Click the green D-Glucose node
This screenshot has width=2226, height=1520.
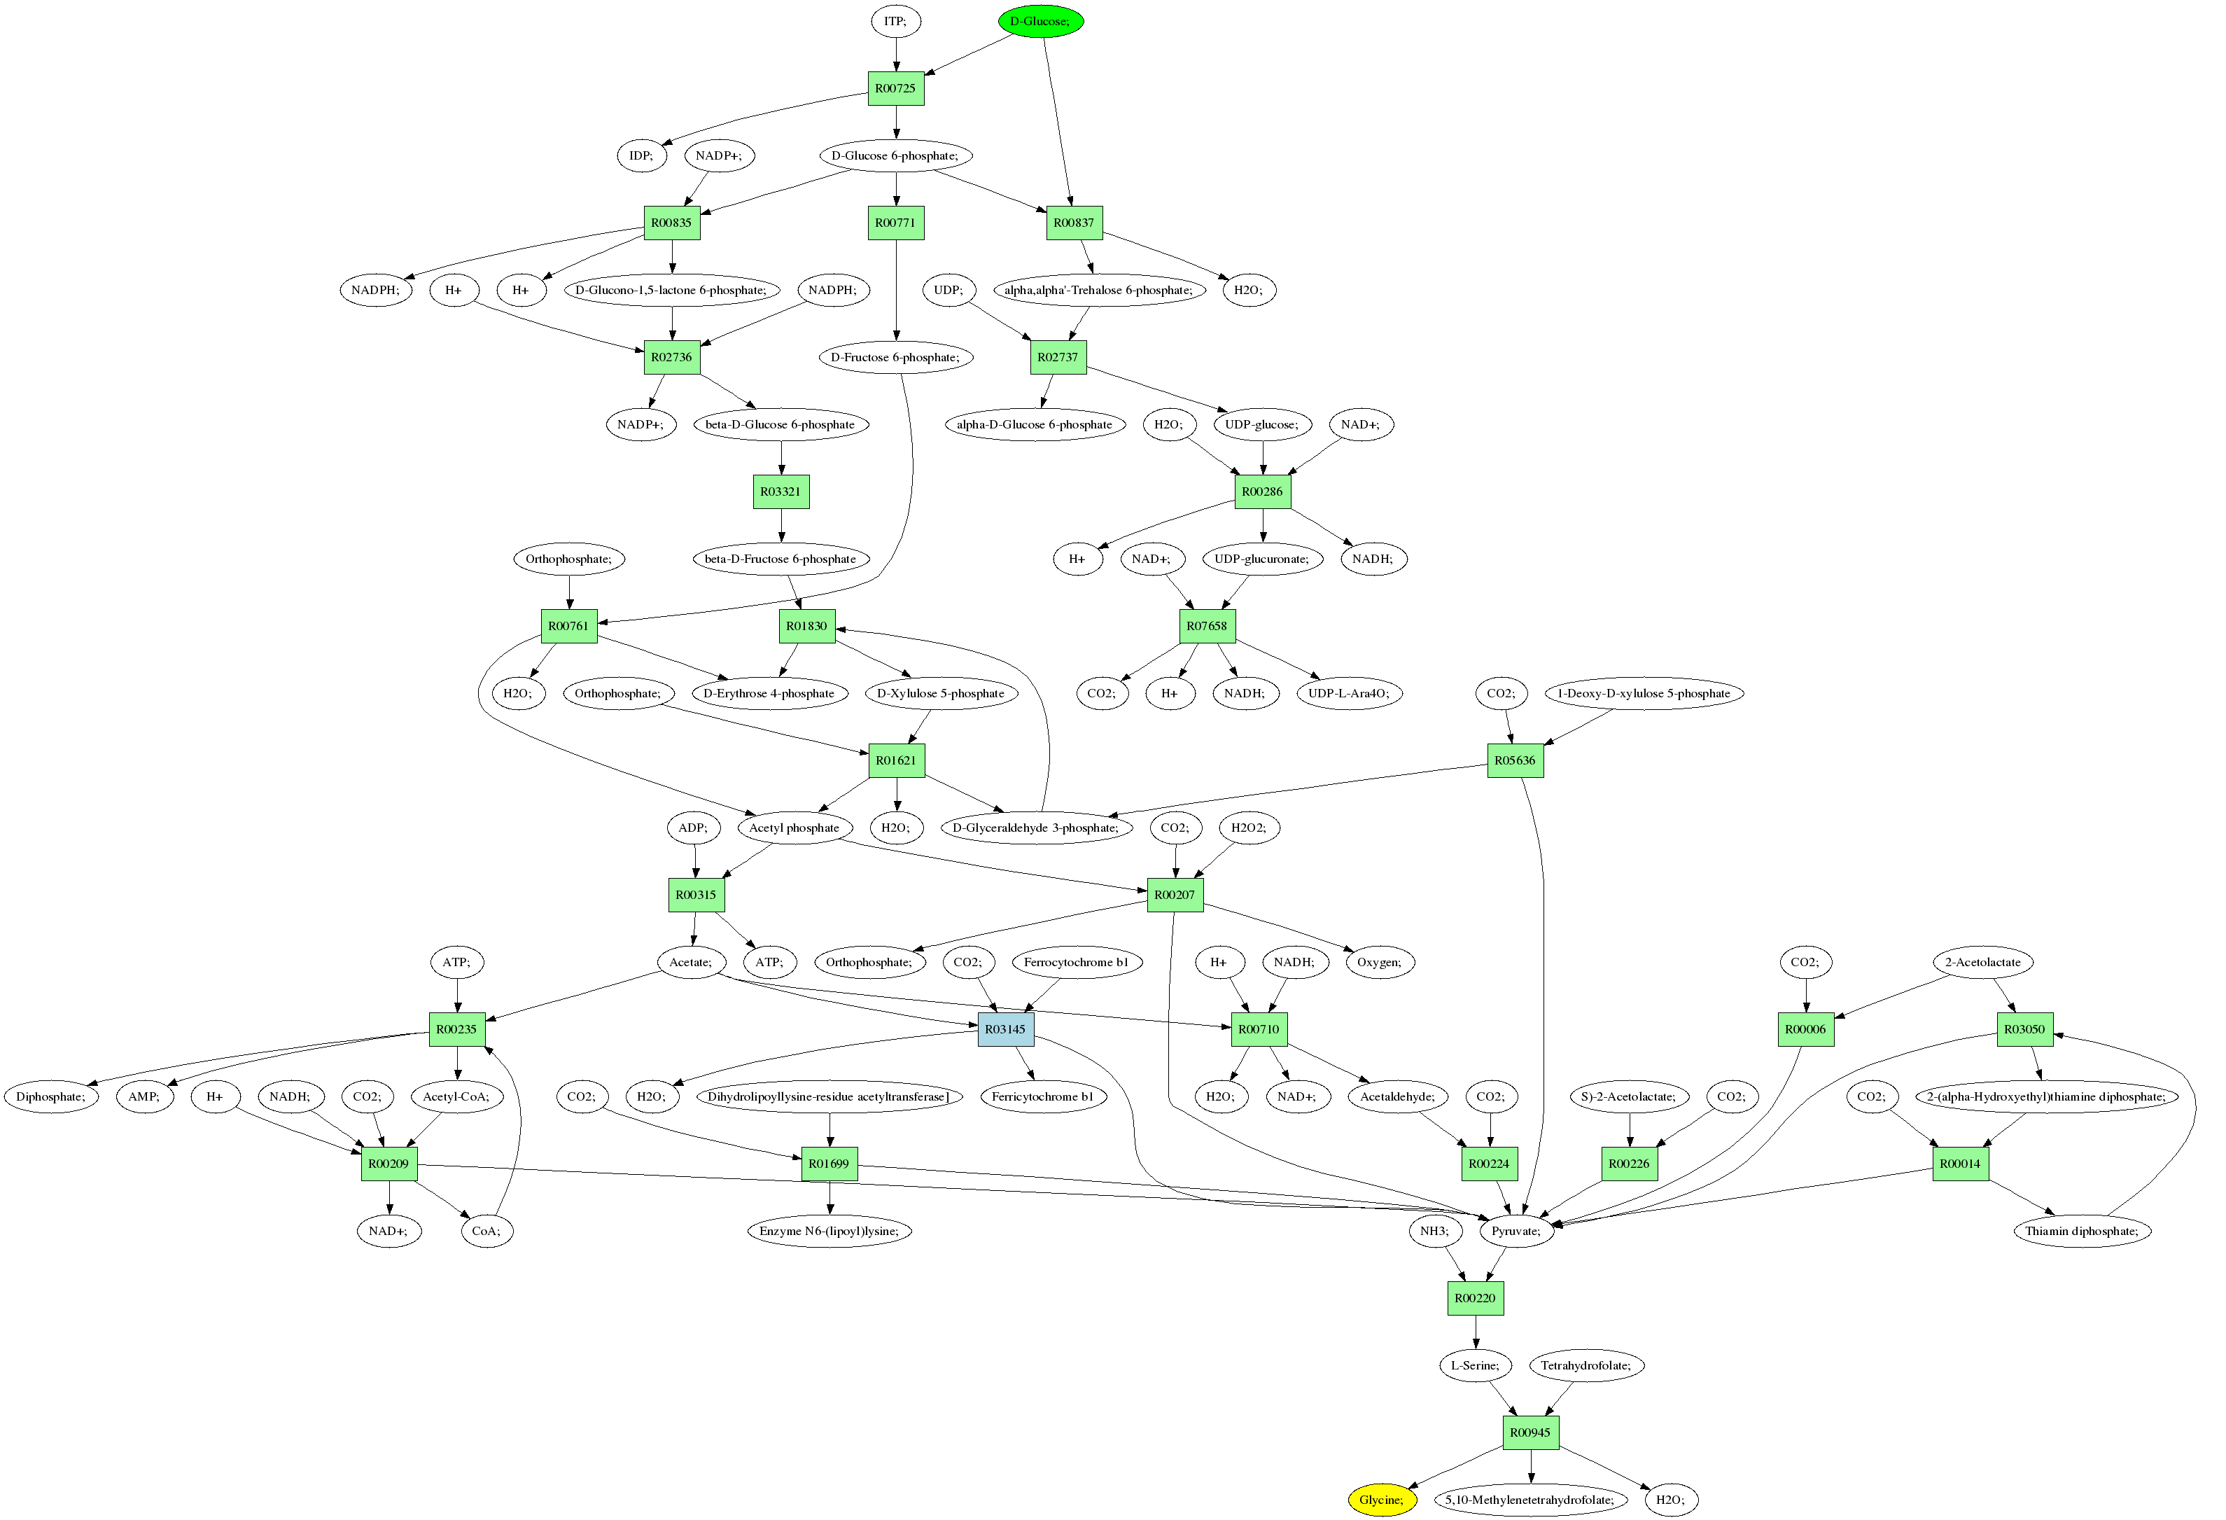point(1040,21)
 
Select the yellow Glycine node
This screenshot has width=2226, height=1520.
point(1380,1500)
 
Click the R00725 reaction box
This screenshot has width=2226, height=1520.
point(895,88)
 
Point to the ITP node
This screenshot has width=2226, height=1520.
point(895,21)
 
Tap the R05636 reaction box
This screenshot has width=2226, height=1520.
point(1514,760)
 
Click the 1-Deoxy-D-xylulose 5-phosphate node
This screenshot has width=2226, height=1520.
point(1643,693)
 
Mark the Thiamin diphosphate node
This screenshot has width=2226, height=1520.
point(2081,1231)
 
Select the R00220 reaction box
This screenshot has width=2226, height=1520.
point(1474,1299)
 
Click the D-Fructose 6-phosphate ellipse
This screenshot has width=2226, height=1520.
point(895,357)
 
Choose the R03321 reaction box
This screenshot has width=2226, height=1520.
point(780,492)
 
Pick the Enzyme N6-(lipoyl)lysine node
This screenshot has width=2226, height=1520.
point(829,1231)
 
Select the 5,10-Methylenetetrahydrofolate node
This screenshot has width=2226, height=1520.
point(1529,1500)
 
